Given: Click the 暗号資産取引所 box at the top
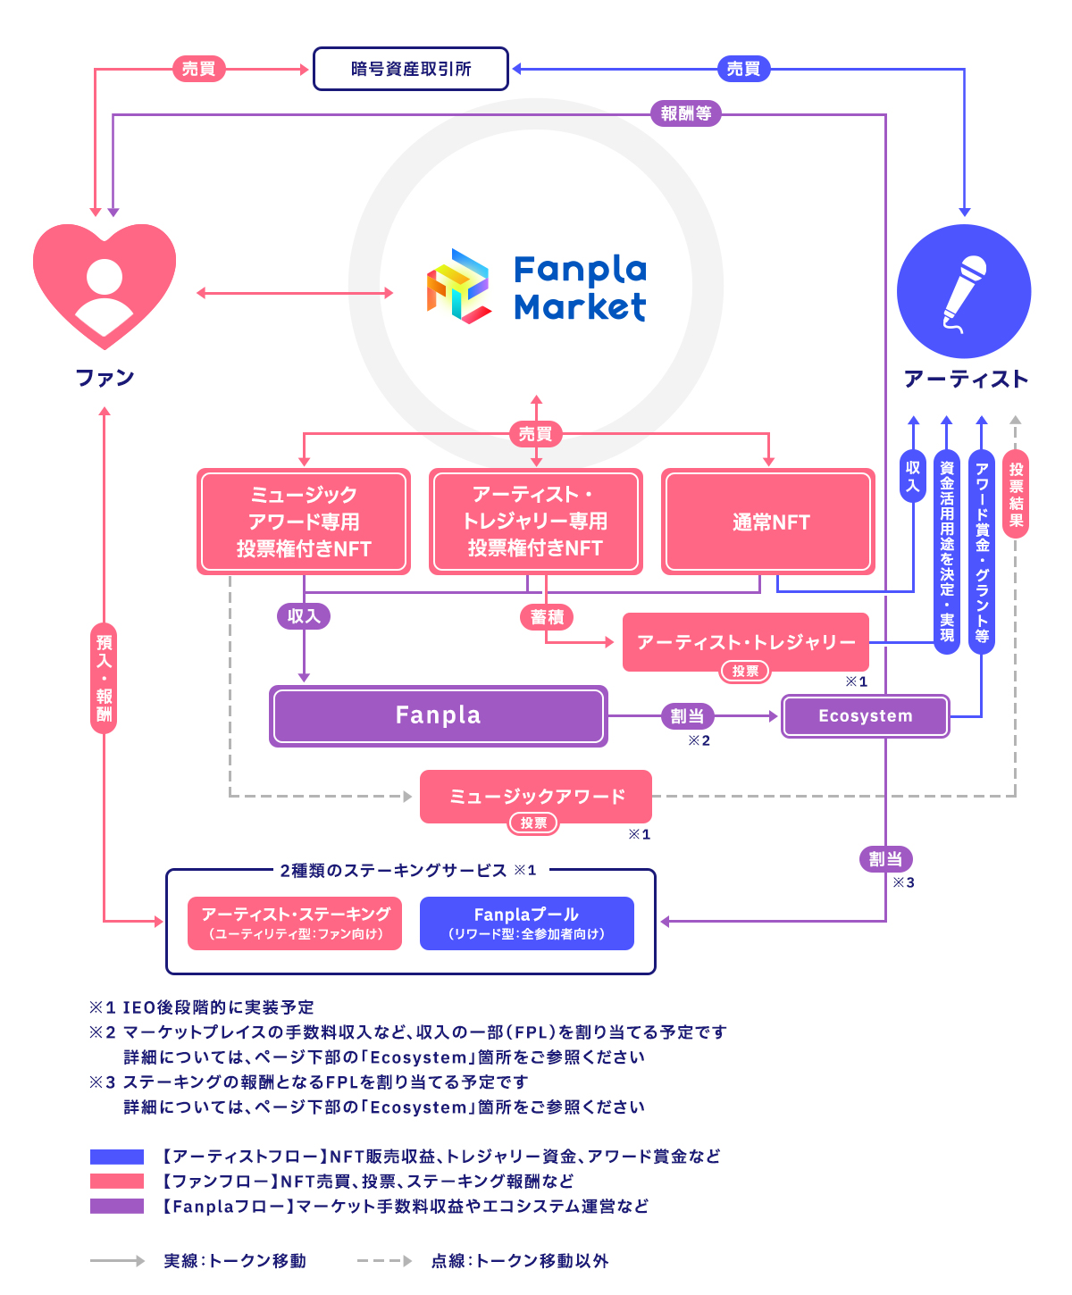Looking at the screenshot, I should point(410,69).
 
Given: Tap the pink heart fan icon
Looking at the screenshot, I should point(105,284).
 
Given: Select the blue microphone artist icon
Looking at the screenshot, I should point(964,292).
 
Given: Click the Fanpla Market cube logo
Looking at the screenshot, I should point(458,286).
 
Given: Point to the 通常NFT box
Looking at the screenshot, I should point(768,522).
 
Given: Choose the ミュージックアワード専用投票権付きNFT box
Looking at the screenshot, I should point(304,522).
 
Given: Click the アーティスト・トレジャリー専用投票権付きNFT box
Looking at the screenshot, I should point(536,522).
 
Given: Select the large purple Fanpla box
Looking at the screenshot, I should point(439,715).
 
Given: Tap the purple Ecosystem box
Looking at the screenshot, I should point(865,716).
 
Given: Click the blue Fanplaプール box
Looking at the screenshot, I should point(526,923).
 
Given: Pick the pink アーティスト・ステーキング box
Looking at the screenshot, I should point(295,923).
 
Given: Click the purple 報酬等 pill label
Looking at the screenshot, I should point(686,113).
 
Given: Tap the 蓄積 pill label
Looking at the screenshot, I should point(547,617).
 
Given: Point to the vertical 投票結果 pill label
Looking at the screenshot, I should point(1016,494).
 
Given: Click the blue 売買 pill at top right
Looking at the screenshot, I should point(743,69).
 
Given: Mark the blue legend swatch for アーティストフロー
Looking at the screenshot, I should point(117,1157).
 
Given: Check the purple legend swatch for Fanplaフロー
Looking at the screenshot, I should point(117,1207).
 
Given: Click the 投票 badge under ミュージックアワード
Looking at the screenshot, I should point(533,823).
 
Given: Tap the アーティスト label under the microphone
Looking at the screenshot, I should point(966,379).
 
